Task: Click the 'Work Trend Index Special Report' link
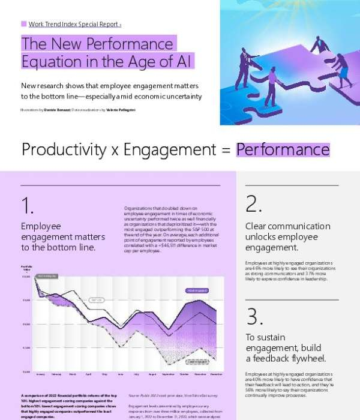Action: (x=74, y=24)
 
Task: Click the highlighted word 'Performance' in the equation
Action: (x=283, y=149)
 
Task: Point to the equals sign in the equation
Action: (x=226, y=150)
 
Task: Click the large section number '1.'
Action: (x=28, y=206)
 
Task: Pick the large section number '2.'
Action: (x=254, y=205)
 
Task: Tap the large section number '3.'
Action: (x=254, y=316)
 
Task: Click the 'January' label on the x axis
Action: (x=41, y=374)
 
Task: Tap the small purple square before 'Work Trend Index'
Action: (x=23, y=24)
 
